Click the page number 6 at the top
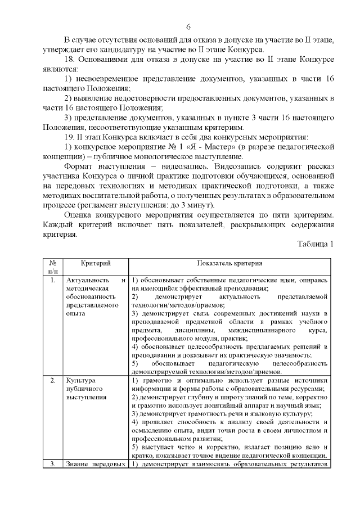[x=188, y=27]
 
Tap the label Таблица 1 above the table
[x=314, y=244]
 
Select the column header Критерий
[x=96, y=263]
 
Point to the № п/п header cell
[x=52, y=267]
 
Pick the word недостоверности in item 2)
[x=145, y=98]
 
